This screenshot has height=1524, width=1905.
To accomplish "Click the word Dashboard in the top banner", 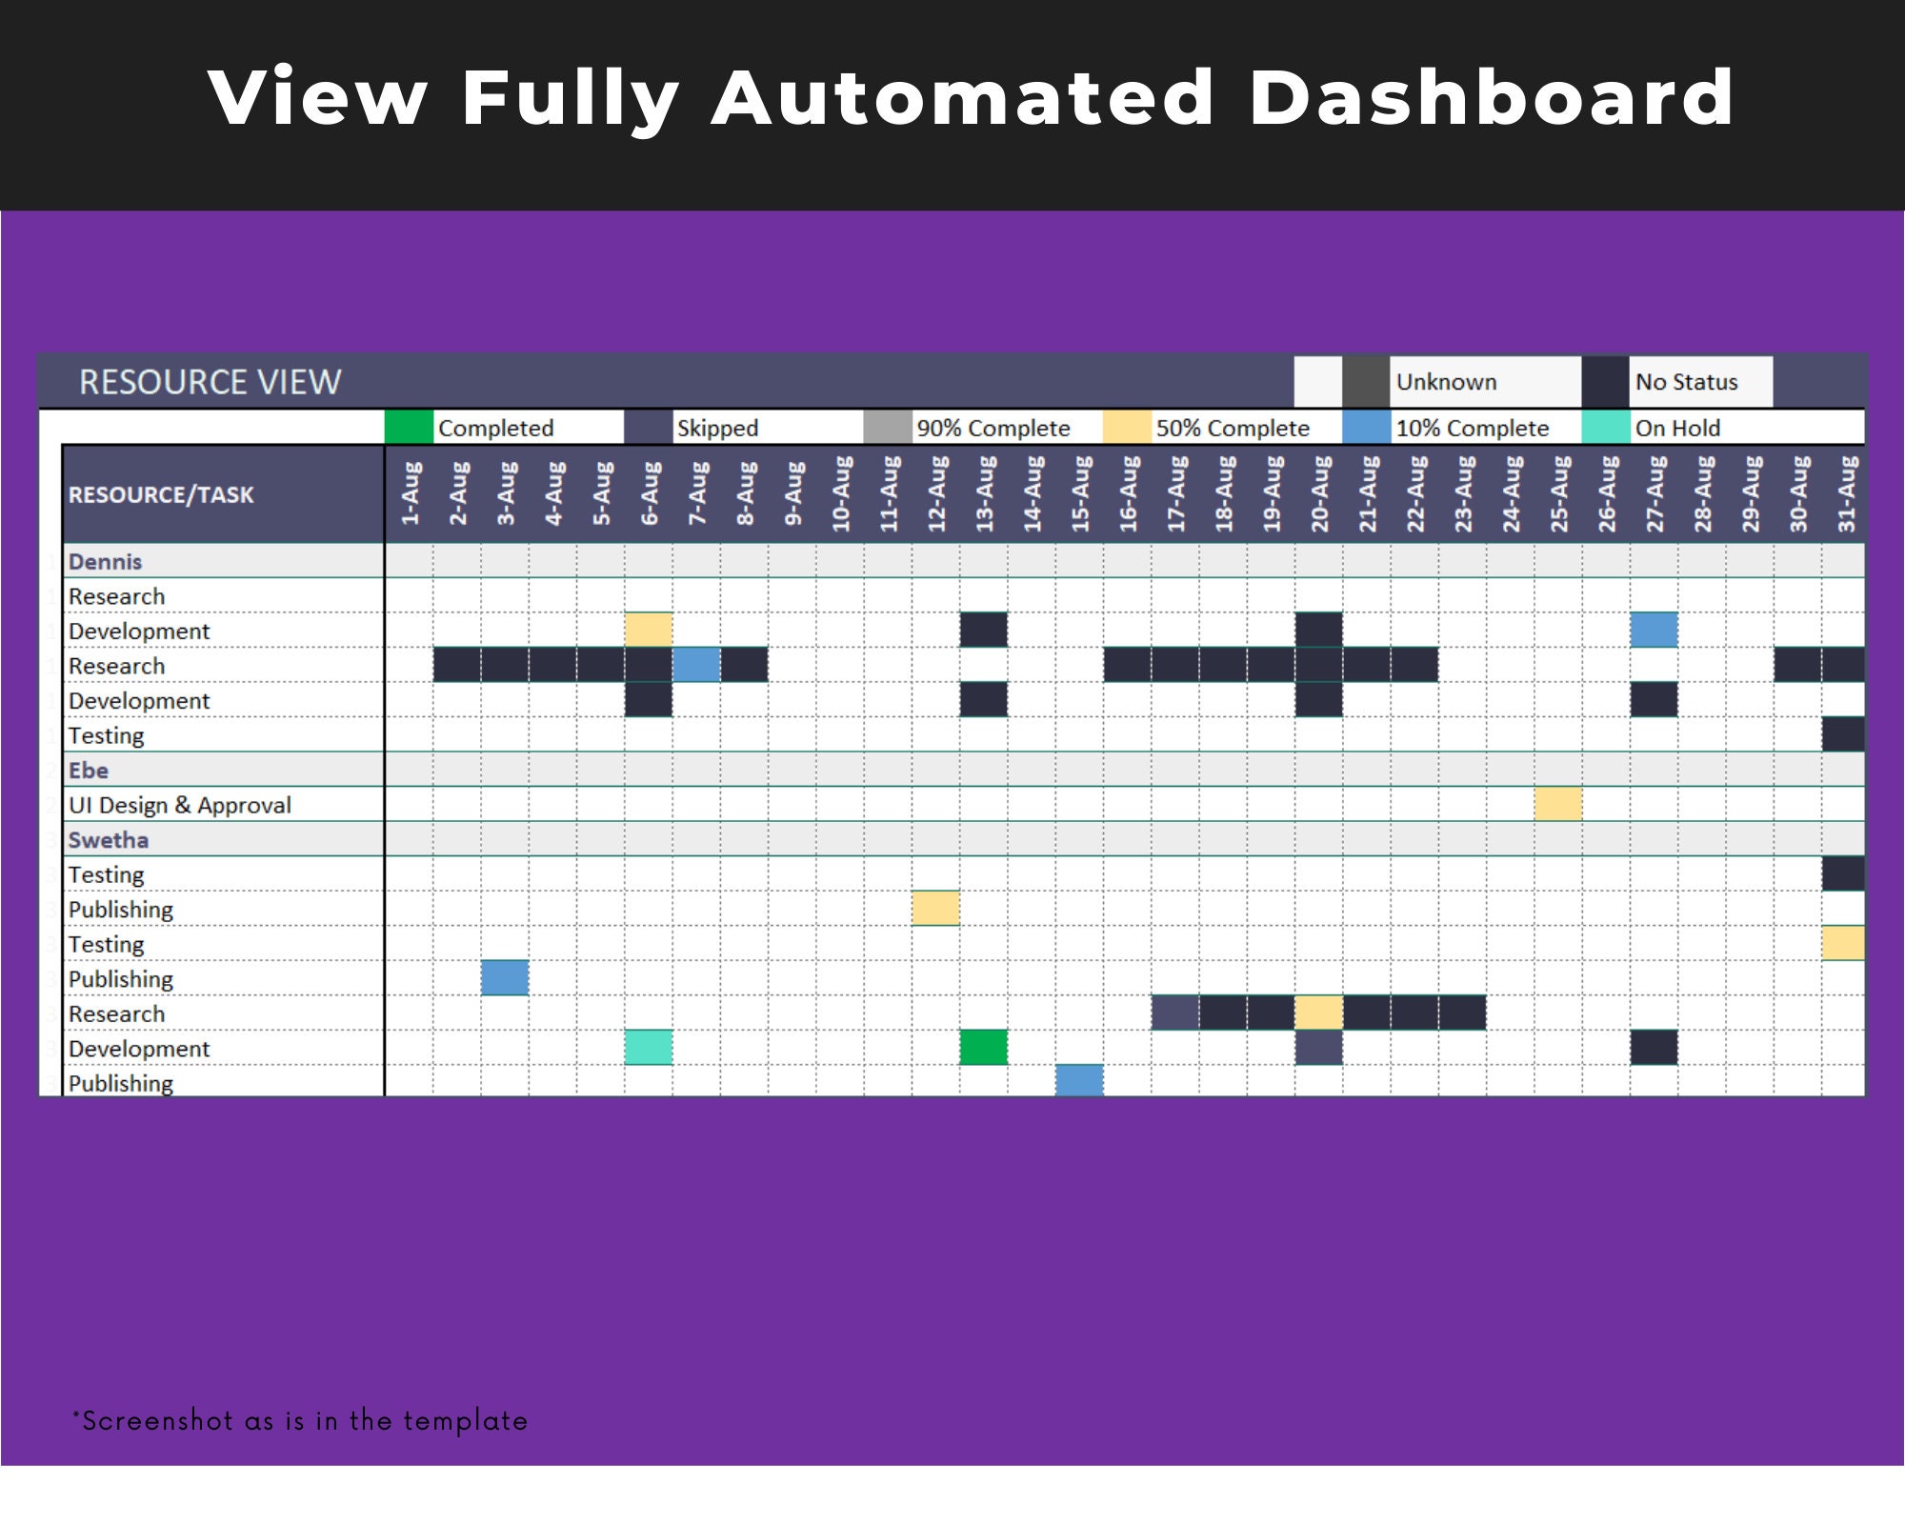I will coord(1491,98).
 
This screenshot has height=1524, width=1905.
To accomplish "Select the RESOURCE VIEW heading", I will coord(210,382).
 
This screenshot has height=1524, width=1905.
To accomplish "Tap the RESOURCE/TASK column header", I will coord(161,495).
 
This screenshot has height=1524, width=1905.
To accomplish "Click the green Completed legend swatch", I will coord(409,428).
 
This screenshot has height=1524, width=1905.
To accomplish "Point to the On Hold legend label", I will coord(1677,429).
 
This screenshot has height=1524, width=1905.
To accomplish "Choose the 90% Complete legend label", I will coord(993,429).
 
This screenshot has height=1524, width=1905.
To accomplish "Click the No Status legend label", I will coord(1686,382).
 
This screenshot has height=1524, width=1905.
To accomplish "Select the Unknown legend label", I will coord(1446,382).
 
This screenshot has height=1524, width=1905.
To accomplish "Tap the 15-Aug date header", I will coord(1080,494).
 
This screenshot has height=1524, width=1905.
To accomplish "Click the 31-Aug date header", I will coord(1846,494).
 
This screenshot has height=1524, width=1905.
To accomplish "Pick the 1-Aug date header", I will coord(410,494).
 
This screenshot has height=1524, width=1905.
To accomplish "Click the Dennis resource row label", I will coord(105,561).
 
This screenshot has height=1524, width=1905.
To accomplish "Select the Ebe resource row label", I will coord(89,770).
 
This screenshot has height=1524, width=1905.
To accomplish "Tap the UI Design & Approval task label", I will coord(180,805).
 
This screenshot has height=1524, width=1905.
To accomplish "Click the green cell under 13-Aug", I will coord(984,1047).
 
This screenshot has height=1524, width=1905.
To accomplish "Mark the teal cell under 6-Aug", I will coord(649,1047).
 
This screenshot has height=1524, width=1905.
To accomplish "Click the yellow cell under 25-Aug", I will coord(1558,804).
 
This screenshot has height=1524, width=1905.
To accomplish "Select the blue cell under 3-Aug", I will coord(505,978).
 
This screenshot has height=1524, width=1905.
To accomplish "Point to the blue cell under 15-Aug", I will coord(1079,1080).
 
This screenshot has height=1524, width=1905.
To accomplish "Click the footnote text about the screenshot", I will coord(301,1420).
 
